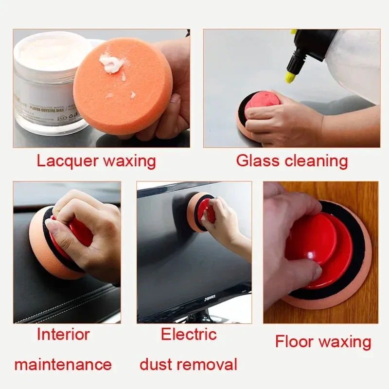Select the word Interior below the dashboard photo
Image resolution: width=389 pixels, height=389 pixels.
tap(64, 335)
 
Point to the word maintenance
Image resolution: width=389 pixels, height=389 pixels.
tap(63, 364)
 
